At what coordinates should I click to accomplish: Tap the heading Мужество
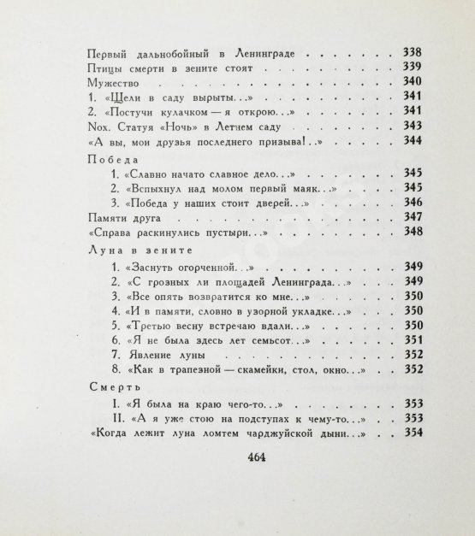point(115,83)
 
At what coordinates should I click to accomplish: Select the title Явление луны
point(168,354)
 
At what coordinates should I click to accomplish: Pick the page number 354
point(413,434)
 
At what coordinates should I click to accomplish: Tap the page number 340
point(412,83)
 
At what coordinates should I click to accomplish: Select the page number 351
point(412,339)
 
